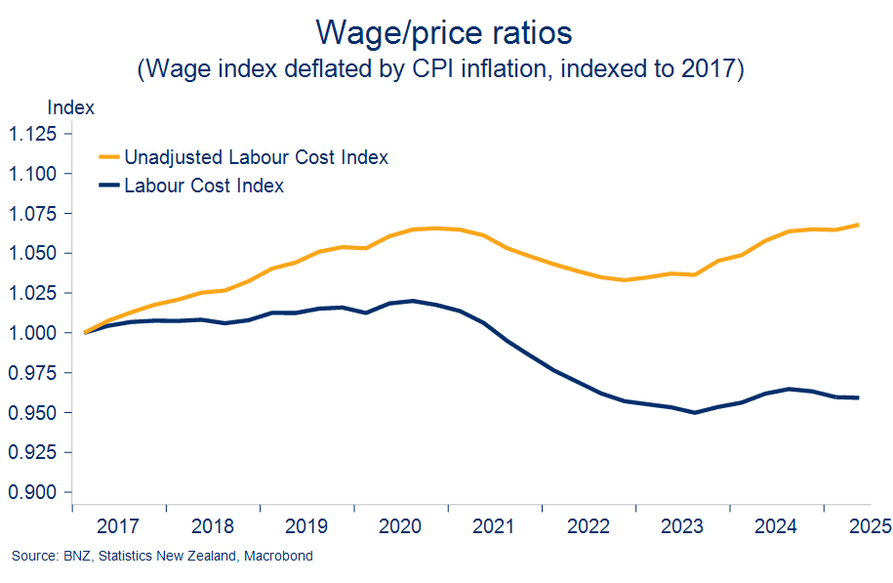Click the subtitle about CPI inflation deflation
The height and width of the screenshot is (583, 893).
click(444, 70)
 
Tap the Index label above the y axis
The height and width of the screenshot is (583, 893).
click(70, 107)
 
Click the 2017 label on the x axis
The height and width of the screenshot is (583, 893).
click(119, 526)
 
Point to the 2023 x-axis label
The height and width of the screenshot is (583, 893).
click(681, 526)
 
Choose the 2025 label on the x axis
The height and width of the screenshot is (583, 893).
click(868, 526)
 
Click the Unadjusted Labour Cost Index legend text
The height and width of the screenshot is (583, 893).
click(257, 157)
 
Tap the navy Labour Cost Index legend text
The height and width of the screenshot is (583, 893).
click(204, 186)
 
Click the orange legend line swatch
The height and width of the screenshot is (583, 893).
click(108, 156)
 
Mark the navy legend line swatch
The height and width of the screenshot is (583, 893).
click(108, 185)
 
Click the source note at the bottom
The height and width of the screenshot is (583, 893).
click(162, 556)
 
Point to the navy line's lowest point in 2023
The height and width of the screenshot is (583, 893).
click(694, 412)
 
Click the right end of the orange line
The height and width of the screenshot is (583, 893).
click(858, 225)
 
